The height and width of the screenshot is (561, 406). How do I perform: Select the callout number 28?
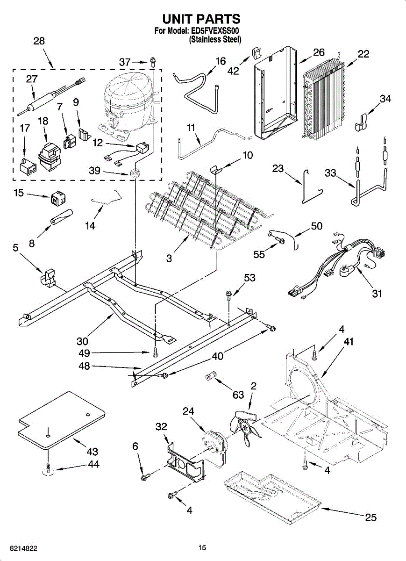point(39,41)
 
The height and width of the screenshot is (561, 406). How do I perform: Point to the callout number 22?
point(363,54)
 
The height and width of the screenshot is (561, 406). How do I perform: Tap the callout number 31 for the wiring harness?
point(377,294)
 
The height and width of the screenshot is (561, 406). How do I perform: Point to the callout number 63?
point(238,395)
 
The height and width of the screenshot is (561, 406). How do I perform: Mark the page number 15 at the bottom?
point(202,547)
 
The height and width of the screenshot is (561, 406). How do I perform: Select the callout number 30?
point(83,341)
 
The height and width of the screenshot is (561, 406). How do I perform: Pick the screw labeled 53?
point(229,295)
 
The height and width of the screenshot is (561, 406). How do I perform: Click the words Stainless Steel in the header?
point(215,40)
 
